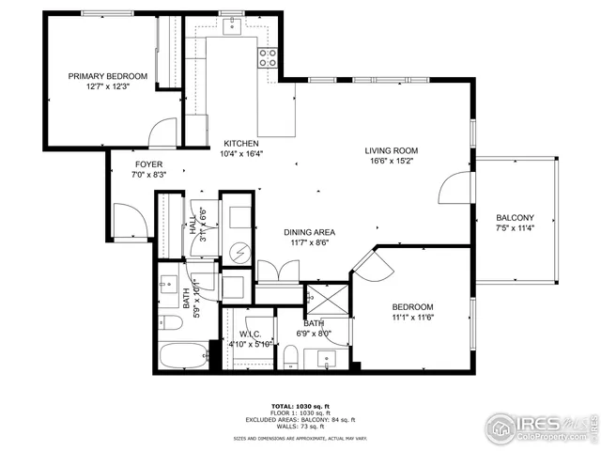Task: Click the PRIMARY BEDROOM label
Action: click(x=107, y=76)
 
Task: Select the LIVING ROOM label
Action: click(x=392, y=150)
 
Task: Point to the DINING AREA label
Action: click(x=310, y=232)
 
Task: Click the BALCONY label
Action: click(x=516, y=218)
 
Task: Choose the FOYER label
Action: click(x=148, y=163)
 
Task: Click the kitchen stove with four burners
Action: click(x=268, y=57)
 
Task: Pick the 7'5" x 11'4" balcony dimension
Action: click(x=516, y=228)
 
